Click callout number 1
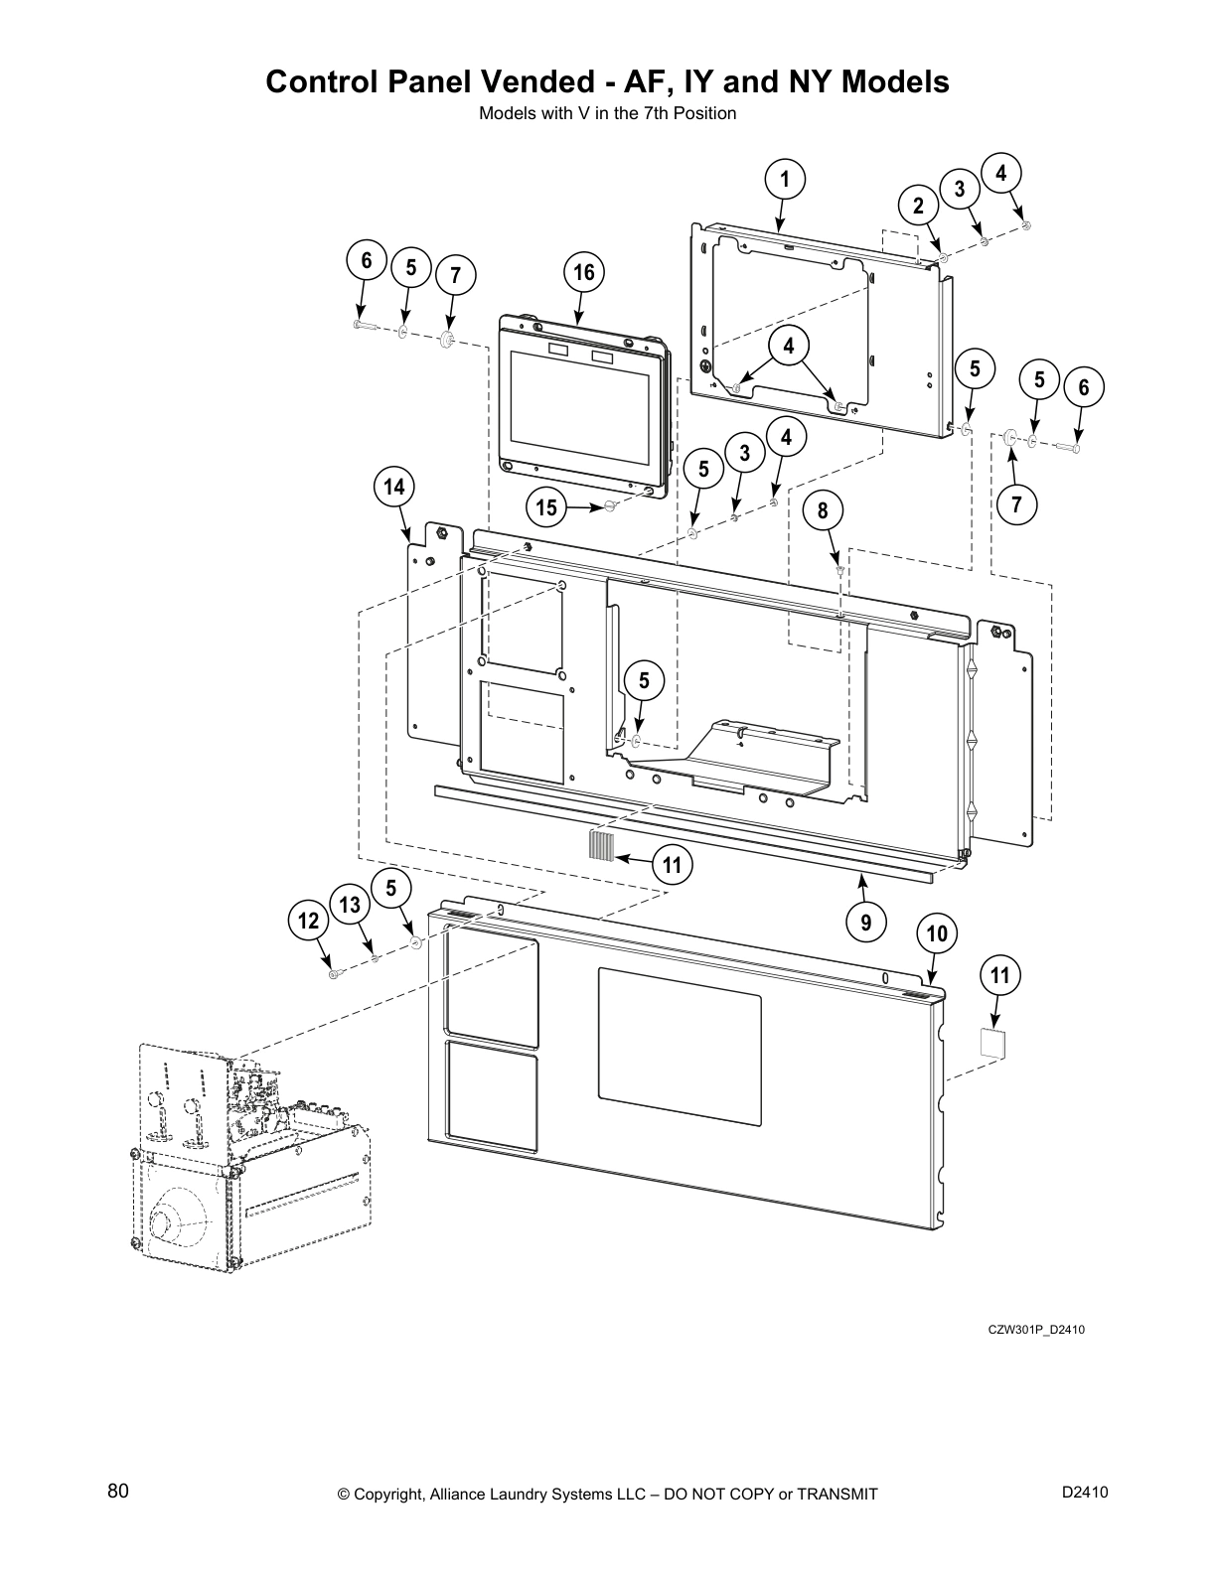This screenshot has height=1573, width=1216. pos(784,180)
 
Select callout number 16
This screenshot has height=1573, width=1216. pos(584,273)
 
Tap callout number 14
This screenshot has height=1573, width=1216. pos(394,487)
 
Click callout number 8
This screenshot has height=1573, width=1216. pos(823,510)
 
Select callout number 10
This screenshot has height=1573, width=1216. pos(936,933)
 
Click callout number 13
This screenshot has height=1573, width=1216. pos(350,905)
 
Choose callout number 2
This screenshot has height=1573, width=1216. pos(918,206)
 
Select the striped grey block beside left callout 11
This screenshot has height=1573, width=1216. pos(601,845)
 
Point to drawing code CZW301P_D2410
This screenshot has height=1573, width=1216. pos(1036,1329)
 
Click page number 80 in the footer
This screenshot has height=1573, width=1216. pos(118,1492)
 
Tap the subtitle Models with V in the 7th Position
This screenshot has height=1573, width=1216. pos(607,113)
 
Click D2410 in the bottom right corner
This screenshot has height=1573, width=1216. pos(1085,1492)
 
